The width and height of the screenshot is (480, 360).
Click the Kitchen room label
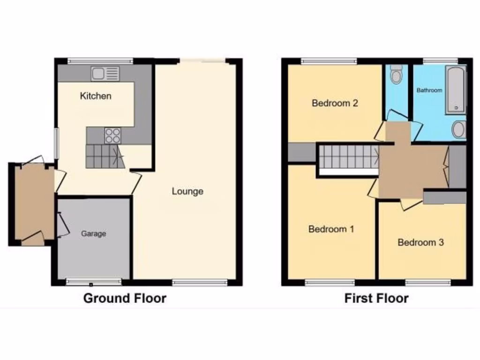(96, 96)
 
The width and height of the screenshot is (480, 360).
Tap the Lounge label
(187, 191)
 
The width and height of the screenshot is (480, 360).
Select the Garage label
(94, 233)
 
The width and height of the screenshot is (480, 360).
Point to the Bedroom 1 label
(331, 229)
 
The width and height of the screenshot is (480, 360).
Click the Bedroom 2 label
(335, 103)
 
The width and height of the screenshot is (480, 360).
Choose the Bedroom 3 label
(420, 242)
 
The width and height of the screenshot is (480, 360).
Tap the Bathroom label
(429, 90)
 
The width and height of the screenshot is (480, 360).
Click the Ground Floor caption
(125, 298)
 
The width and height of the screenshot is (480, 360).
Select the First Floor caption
(376, 298)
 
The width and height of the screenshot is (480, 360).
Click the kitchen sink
(105, 74)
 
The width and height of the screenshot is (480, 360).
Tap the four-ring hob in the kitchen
(112, 135)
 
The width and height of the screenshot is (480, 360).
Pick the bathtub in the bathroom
(456, 90)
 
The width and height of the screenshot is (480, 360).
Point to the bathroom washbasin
(459, 129)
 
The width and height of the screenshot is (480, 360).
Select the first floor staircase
(348, 156)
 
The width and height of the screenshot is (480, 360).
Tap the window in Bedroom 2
(329, 60)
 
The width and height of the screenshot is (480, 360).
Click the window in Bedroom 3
(428, 282)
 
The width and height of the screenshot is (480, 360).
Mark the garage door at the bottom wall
(94, 282)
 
